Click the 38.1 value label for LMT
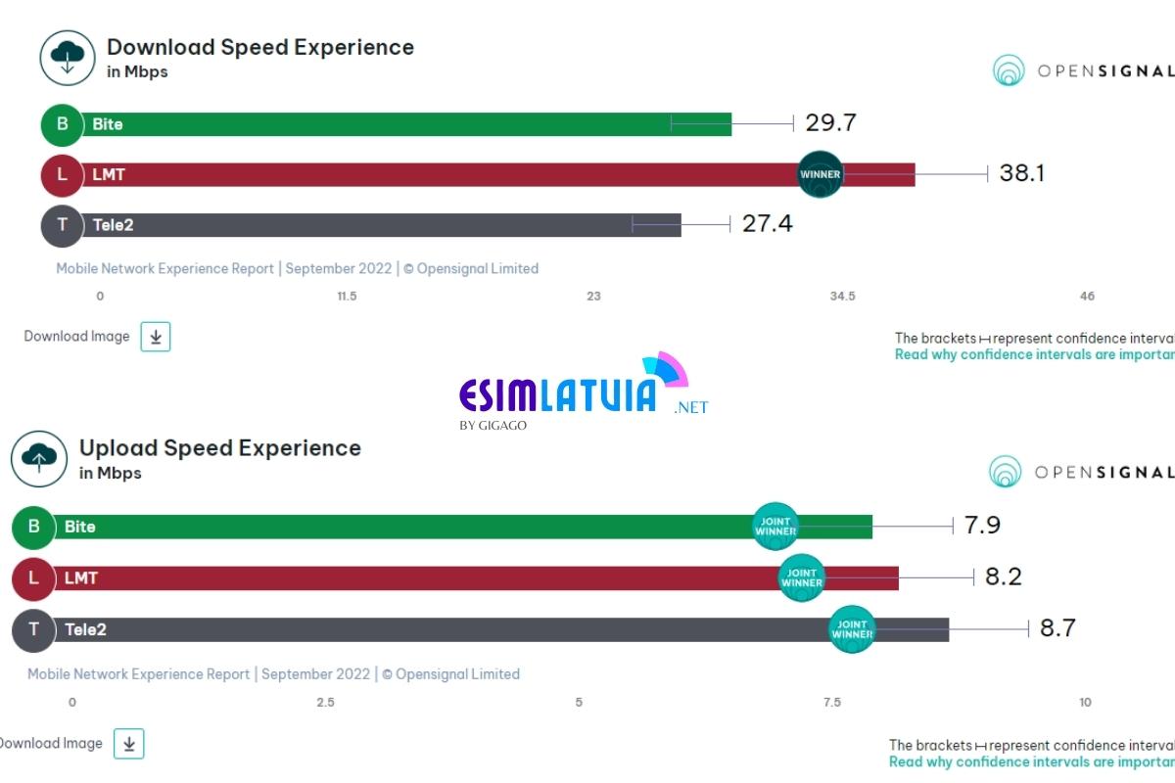[1021, 174]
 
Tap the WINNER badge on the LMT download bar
[821, 175]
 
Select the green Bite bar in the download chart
[392, 124]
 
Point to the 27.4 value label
[767, 224]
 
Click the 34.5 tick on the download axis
[842, 296]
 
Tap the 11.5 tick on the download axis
[347, 296]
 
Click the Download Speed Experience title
[259, 47]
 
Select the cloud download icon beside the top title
[67, 57]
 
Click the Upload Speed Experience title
[219, 448]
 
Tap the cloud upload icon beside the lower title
[39, 458]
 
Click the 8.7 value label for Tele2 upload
[1057, 628]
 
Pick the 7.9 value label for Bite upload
[982, 526]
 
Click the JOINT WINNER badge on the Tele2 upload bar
[852, 629]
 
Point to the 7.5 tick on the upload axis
[831, 702]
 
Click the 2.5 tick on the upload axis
[325, 702]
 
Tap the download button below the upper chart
[156, 337]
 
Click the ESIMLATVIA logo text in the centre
[558, 394]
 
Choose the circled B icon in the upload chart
[33, 527]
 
